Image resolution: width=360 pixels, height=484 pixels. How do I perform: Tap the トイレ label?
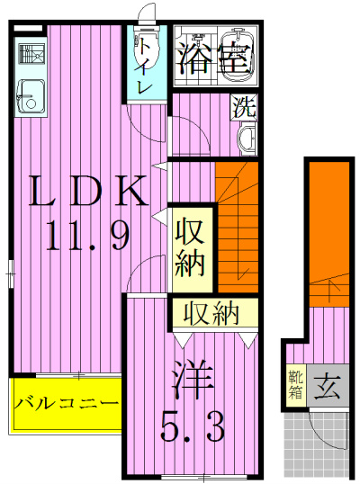click(144, 72)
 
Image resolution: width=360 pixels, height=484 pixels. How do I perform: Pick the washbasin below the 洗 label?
click(245, 138)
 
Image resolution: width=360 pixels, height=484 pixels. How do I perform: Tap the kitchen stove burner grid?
click(30, 51)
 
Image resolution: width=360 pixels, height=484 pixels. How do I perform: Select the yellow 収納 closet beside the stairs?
click(193, 247)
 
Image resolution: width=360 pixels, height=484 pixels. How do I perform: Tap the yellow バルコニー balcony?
click(67, 402)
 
